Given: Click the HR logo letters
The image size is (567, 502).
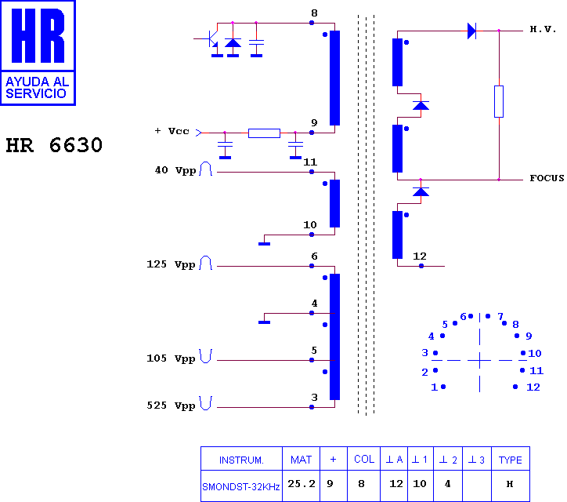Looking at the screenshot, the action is click(38, 35).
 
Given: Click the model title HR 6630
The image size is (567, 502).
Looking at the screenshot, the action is click(54, 145).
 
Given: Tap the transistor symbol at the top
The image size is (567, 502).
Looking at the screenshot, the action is click(209, 39).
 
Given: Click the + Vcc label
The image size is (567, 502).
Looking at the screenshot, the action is click(172, 131).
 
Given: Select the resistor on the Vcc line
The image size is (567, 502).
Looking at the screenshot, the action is click(264, 133).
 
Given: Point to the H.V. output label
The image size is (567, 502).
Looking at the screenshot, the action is click(543, 29).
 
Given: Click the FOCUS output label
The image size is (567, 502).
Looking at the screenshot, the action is click(547, 178).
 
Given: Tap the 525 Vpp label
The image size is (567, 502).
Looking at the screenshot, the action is click(171, 406).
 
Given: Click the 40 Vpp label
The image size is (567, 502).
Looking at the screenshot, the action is click(175, 170).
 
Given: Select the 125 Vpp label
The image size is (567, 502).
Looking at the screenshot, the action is click(171, 264).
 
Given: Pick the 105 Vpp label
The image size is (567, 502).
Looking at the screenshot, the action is click(171, 358).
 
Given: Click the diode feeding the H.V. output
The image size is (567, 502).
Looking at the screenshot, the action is click(471, 31).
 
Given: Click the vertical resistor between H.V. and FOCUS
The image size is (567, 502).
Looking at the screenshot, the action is click(499, 101).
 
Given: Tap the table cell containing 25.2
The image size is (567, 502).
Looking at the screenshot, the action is click(302, 486).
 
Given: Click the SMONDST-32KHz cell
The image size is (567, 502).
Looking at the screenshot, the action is click(241, 486).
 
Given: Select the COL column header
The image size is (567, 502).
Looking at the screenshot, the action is click(364, 459).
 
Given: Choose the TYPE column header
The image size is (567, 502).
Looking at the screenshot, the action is click(511, 459).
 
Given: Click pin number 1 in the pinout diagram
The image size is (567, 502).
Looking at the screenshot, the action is click(435, 387).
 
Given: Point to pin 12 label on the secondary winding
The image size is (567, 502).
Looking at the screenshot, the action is click(420, 256).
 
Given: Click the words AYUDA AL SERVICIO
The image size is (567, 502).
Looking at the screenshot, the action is click(38, 88).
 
